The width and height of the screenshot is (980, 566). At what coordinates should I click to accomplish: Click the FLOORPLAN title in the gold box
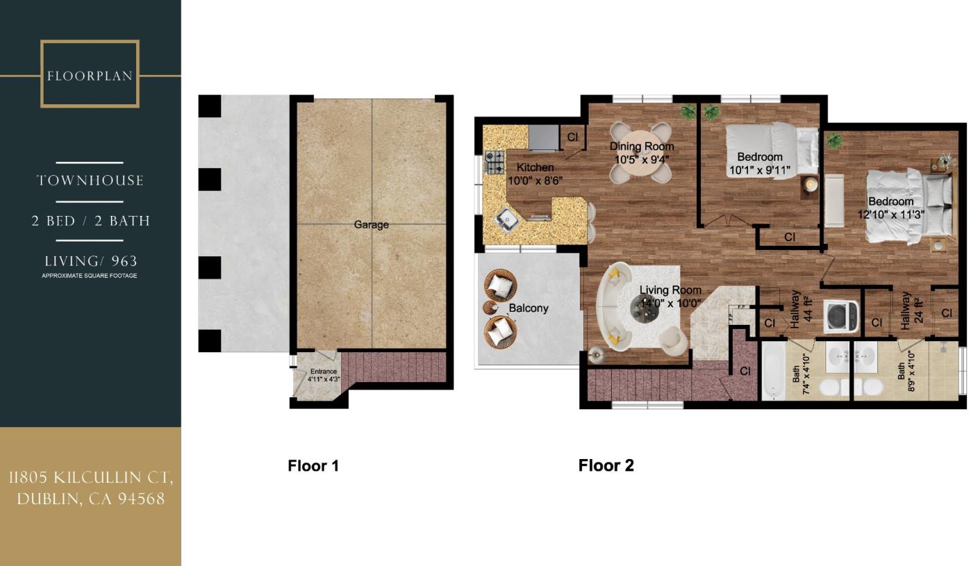tap(90, 76)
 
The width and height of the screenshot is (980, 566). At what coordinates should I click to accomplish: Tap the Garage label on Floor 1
tap(371, 225)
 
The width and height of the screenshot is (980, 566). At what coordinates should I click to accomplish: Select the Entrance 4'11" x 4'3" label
tap(323, 375)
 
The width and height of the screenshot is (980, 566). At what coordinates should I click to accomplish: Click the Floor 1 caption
tap(313, 466)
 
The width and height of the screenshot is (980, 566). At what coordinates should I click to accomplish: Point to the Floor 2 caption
tap(606, 466)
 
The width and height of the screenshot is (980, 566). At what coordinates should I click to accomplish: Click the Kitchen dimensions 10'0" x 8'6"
tap(535, 180)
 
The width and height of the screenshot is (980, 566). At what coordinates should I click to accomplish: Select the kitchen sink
tap(506, 219)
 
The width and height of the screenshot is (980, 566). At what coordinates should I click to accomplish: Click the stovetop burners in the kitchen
tap(494, 163)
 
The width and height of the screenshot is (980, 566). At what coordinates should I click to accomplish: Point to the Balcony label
tap(529, 308)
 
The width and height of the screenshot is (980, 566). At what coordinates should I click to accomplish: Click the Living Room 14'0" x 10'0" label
tap(670, 297)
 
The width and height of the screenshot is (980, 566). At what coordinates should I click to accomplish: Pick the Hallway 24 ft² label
tap(910, 311)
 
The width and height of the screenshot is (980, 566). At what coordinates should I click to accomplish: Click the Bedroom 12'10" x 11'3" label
tap(890, 208)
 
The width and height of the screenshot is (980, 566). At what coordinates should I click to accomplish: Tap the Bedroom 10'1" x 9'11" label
tap(759, 164)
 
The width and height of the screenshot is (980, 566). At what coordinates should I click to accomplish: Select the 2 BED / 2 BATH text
tap(91, 221)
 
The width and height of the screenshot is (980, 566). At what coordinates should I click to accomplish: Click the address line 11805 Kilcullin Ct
tap(91, 478)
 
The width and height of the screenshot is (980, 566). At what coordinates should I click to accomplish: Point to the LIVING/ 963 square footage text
tap(91, 262)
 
